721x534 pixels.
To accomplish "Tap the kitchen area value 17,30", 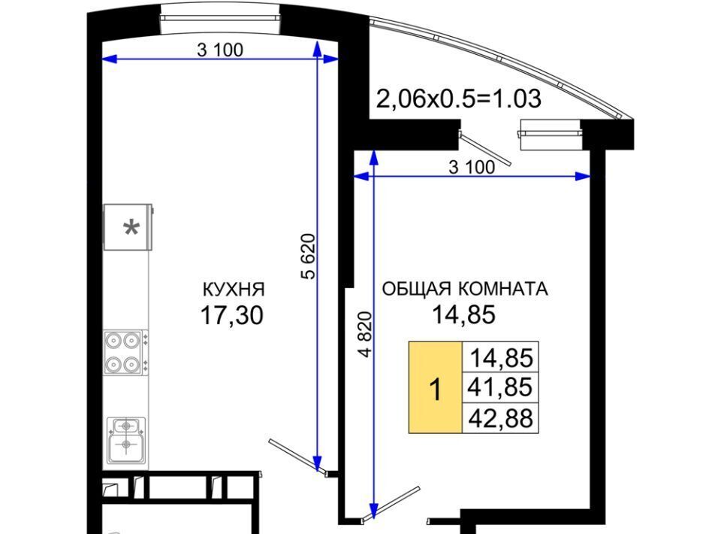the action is pos(232,316).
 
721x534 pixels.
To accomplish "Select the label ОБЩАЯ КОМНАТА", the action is pos(465,289).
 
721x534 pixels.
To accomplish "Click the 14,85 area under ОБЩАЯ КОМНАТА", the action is pos(463,315).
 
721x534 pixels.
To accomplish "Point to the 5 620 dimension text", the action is pos(309,256).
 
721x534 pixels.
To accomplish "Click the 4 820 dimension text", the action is pos(365,334).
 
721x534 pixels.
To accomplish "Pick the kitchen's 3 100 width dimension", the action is pos(220,50).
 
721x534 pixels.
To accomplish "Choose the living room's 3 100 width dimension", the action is pos(472,167).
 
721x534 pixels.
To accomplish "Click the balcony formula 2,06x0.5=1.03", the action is pos(459,99).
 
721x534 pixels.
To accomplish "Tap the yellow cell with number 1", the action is pos(435,387).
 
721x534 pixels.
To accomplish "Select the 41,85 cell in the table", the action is pos(500,387).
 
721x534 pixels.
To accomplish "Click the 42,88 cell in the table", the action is pos(500,418).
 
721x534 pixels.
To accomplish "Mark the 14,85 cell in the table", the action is pos(500,357).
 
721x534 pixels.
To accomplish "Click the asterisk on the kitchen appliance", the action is pos(131,228).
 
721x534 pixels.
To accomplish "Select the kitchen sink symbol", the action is pos(126,441).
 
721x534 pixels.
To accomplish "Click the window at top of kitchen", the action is pos(220,18).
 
